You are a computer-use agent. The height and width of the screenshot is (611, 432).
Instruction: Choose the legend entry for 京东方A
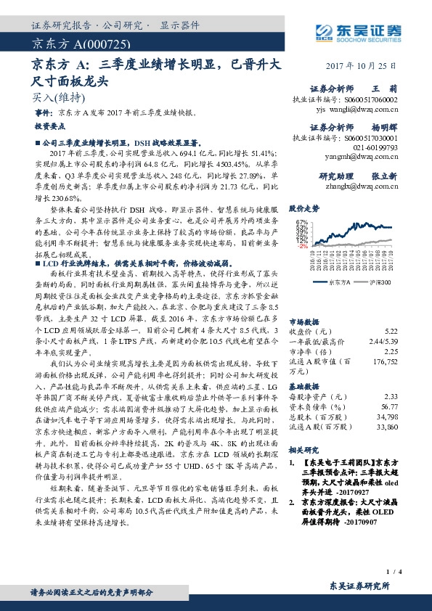(x=338, y=282)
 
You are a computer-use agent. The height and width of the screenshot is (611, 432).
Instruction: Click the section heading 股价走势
(x=304, y=206)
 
